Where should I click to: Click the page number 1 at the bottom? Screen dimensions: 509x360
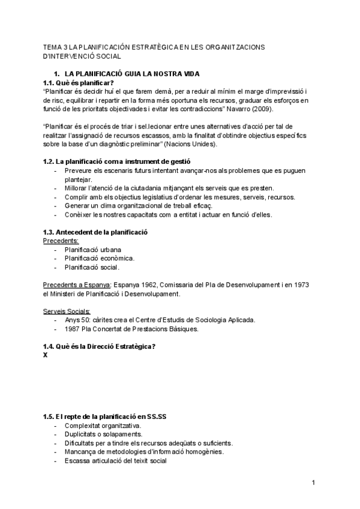313,483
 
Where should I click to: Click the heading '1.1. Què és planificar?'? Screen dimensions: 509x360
79,83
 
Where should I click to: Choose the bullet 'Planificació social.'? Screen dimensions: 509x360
92,267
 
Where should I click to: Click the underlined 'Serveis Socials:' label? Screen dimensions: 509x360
67,311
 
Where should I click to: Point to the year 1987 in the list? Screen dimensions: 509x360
73,329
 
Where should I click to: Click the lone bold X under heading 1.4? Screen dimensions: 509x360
46,355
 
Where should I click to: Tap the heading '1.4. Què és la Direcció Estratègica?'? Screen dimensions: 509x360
100,347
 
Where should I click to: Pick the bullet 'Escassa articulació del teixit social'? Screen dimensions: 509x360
116,460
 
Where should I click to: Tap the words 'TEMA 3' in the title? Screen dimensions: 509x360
55,47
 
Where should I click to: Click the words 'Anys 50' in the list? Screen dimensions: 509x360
77,320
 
